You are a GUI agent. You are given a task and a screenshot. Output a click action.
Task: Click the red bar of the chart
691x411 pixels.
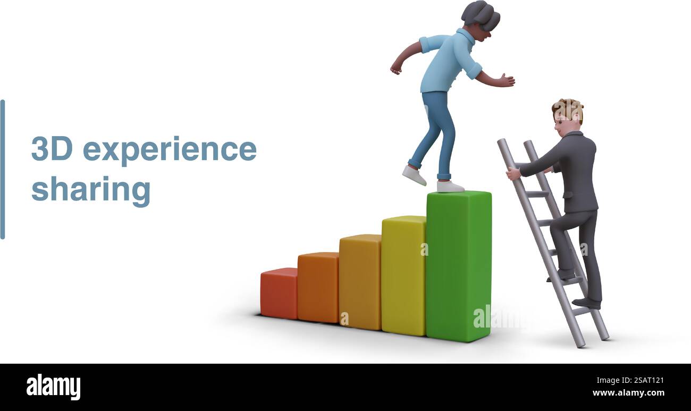pos(279,293)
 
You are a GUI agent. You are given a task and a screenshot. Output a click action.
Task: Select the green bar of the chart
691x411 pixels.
pos(458,266)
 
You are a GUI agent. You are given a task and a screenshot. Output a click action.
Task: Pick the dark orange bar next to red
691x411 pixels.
pos(318,287)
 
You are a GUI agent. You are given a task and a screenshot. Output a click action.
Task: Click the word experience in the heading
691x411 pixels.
pos(170,149)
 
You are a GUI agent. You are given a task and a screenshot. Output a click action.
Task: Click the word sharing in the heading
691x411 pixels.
pos(91,189)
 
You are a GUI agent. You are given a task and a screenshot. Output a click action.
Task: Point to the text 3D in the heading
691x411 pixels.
pos(52,148)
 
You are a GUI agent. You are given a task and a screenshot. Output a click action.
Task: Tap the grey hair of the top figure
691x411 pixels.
pos(482,13)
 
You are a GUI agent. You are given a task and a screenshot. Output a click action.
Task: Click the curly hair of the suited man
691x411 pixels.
pos(568,109)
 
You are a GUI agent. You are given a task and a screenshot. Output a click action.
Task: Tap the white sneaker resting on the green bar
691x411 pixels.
pos(450,187)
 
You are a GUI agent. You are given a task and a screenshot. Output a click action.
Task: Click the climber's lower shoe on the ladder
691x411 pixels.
pos(586,303)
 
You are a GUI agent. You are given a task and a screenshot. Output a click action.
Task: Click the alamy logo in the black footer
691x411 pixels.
pos(53,387)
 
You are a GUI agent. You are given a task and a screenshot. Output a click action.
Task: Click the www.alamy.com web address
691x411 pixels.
pos(628,393)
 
